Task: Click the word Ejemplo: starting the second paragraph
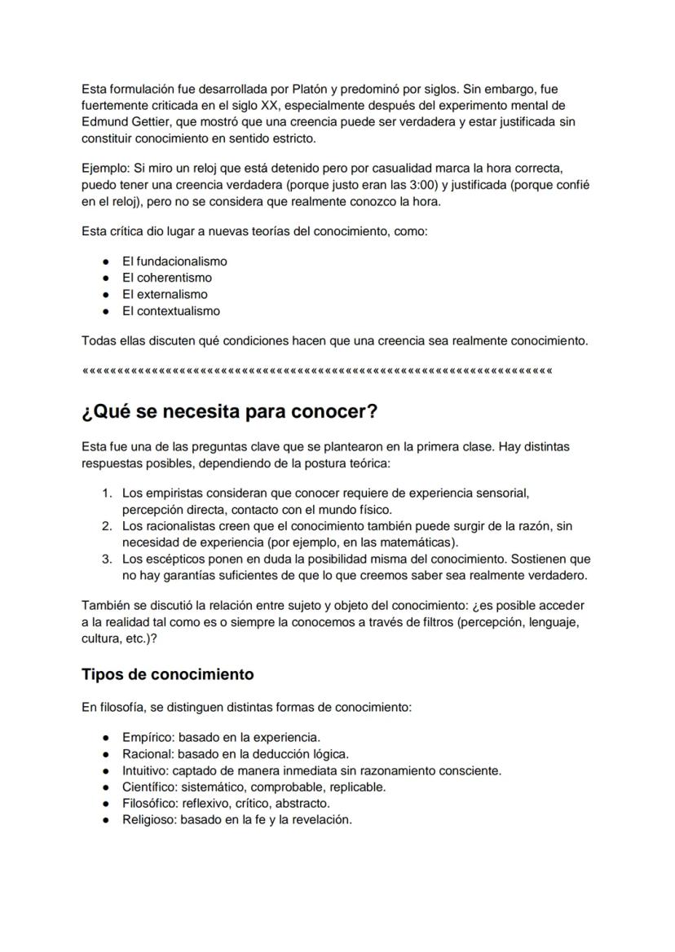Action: tap(106, 168)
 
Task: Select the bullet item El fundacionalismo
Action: tap(174, 261)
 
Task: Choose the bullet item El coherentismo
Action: tap(166, 278)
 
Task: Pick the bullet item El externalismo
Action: tap(165, 294)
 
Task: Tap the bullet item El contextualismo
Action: tap(170, 311)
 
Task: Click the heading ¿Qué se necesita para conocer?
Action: tap(229, 411)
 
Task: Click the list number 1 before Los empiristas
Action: tap(106, 493)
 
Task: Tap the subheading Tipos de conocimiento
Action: tap(167, 674)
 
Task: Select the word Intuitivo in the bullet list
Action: tap(145, 770)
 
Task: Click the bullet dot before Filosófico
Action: tap(106, 803)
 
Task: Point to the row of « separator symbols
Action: tap(316, 371)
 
